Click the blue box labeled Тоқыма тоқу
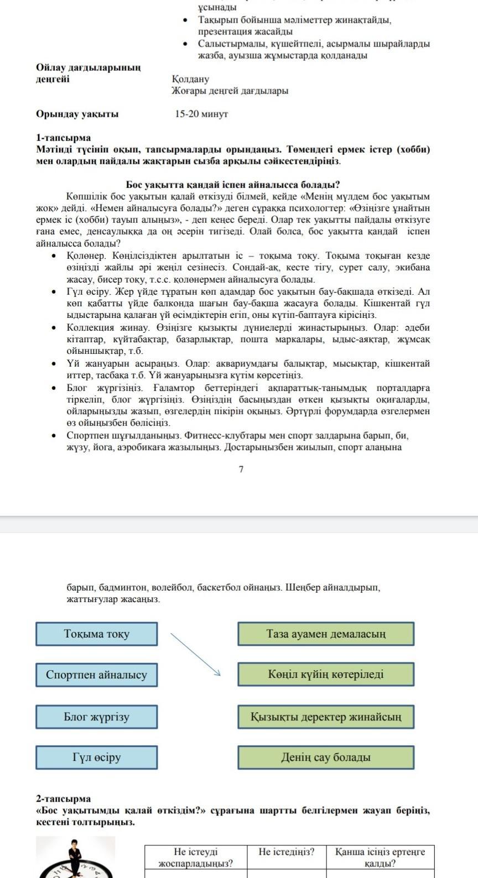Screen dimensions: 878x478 (96, 634)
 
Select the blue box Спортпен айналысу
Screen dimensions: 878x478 (96, 675)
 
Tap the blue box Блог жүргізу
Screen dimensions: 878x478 (96, 717)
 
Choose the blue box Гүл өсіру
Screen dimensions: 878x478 (96, 757)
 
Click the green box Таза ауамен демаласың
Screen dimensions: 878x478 (326, 634)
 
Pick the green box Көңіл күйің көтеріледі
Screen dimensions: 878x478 (326, 675)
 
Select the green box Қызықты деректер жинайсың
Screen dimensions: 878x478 (326, 717)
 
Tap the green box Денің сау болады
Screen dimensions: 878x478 (326, 757)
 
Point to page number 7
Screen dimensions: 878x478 (241, 469)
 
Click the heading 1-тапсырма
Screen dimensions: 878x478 (63, 138)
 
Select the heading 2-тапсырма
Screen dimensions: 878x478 (63, 798)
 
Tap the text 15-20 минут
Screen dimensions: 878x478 (201, 114)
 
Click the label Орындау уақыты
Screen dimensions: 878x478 (77, 114)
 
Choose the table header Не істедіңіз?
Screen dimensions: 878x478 (286, 852)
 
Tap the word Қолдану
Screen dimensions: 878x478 (190, 79)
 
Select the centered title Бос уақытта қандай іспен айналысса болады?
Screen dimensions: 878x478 (233, 184)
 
